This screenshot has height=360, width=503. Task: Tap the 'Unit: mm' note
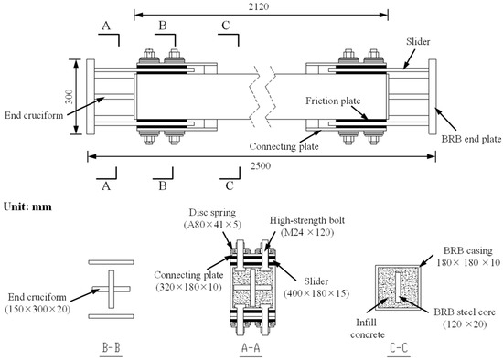27,206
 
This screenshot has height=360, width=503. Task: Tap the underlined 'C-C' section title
402,348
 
